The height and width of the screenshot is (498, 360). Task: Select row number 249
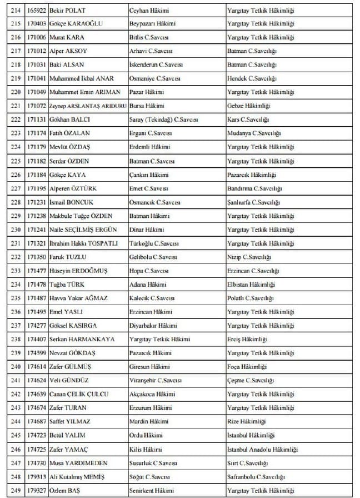click(16, 490)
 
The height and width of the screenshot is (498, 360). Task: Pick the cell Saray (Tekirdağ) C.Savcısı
click(163, 120)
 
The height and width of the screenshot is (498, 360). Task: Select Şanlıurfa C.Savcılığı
click(253, 202)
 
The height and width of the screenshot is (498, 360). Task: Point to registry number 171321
click(37, 243)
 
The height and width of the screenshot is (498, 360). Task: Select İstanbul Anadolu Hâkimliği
click(263, 449)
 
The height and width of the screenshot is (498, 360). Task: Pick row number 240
click(16, 367)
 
